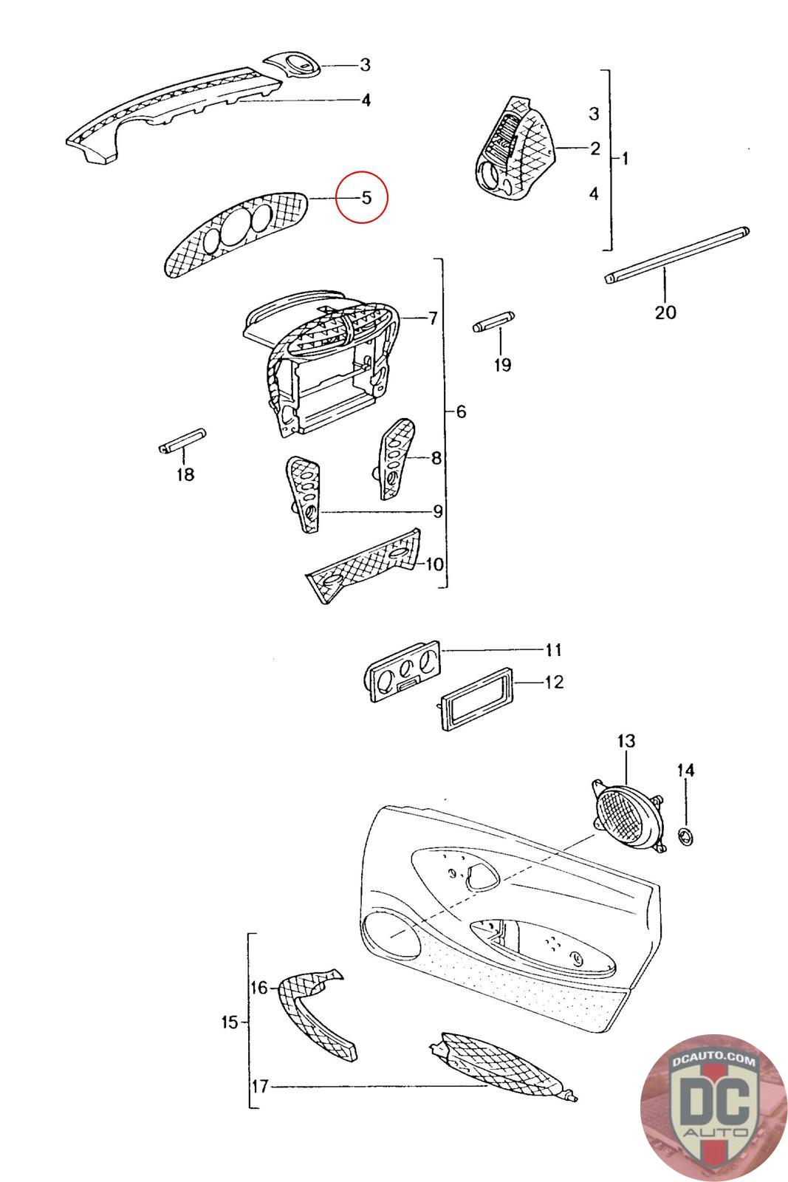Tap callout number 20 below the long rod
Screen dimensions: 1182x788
tap(665, 312)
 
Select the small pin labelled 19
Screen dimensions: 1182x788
tap(491, 324)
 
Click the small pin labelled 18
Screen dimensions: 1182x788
tap(182, 442)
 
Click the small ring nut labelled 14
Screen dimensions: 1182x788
tap(686, 837)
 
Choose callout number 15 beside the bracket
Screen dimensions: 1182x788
tap(230, 1022)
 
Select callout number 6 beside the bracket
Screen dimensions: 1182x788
tap(461, 411)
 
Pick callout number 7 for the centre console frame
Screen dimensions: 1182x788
tap(433, 318)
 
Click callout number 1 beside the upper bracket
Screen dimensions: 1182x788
tap(625, 158)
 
